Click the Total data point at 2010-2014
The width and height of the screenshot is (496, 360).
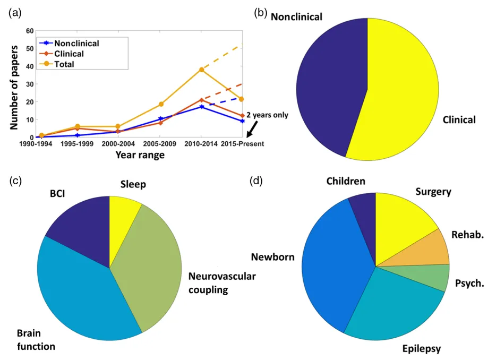(x=202, y=70)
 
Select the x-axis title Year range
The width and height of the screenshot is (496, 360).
(x=140, y=156)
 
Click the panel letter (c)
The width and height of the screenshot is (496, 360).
(x=16, y=180)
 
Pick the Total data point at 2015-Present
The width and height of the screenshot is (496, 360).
(x=241, y=99)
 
